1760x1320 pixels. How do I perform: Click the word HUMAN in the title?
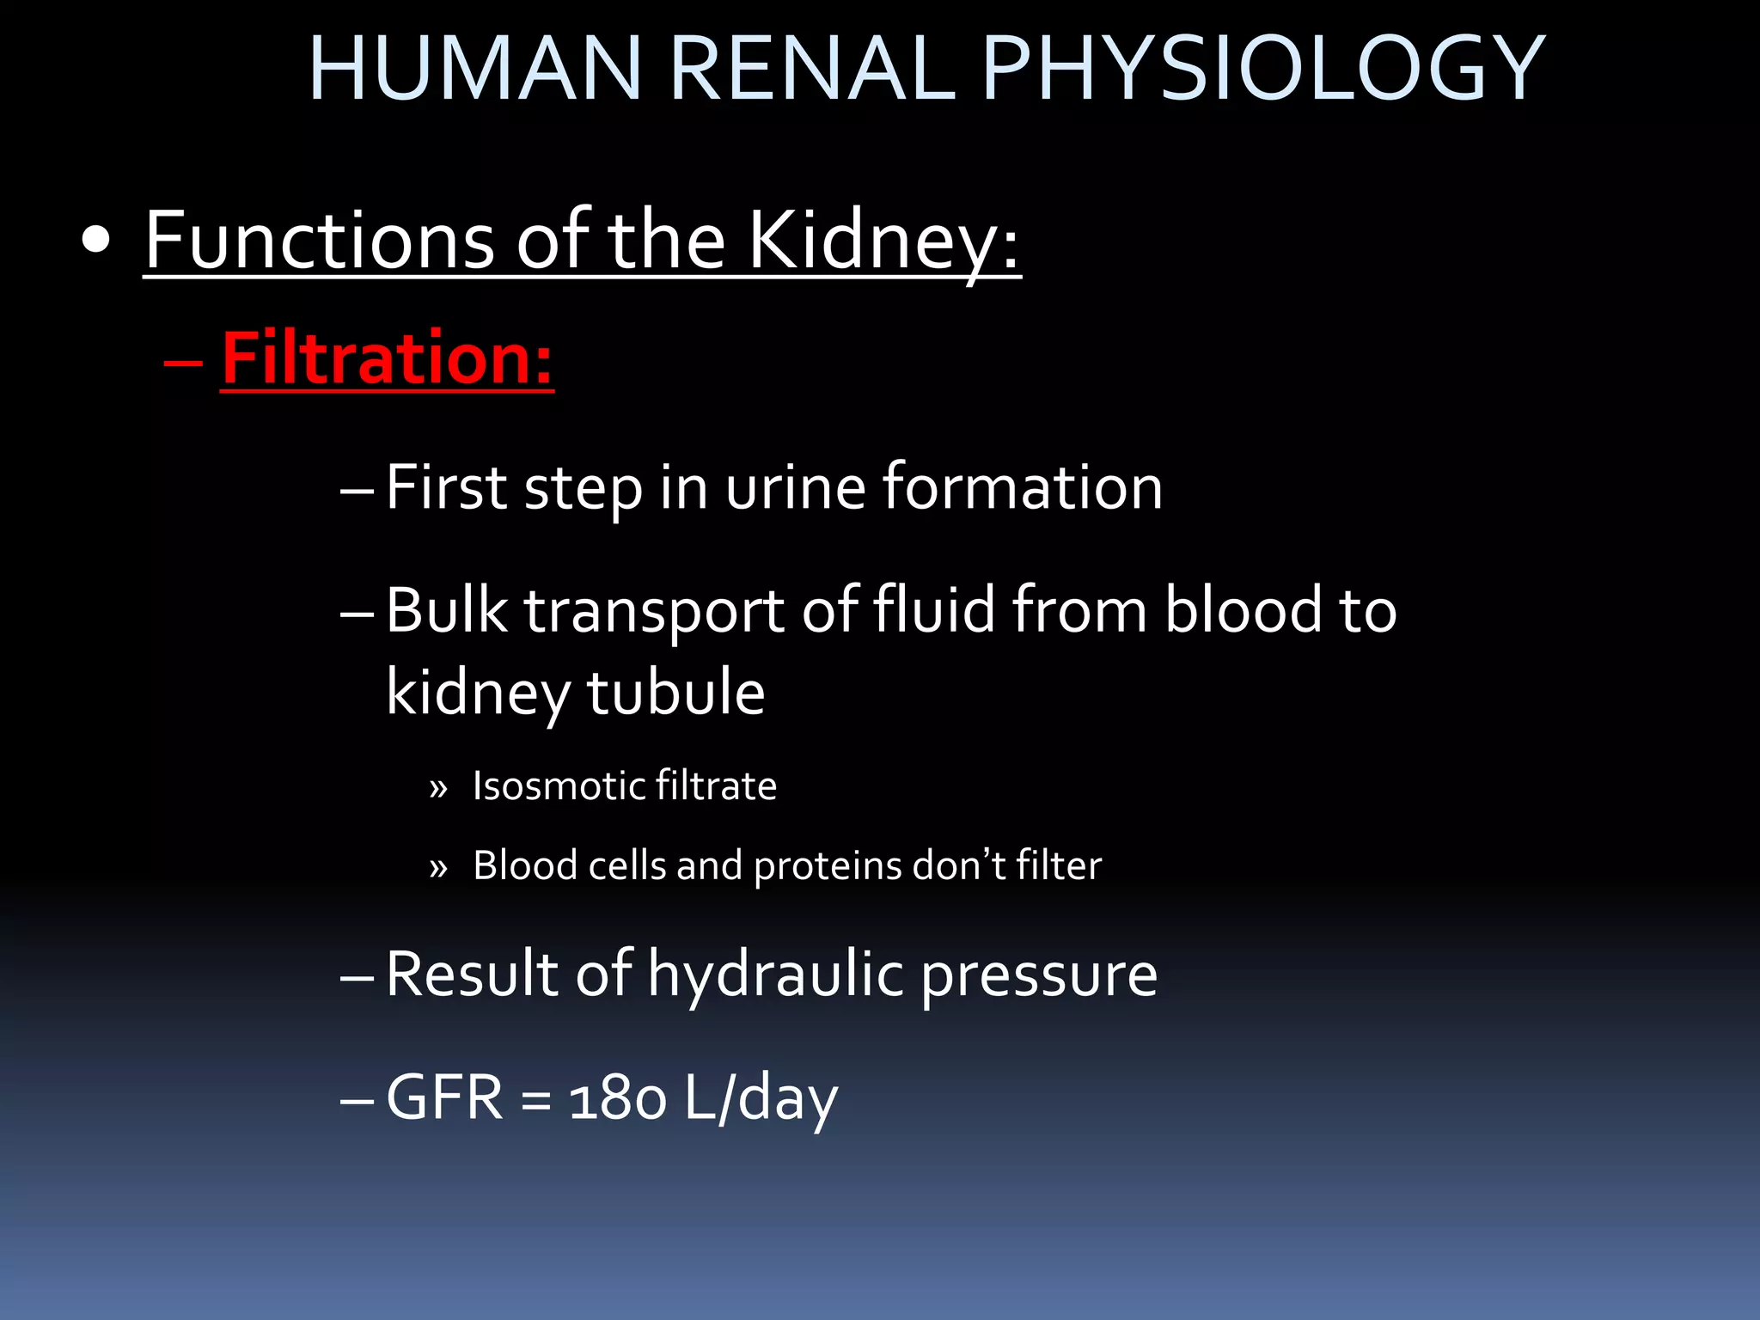click(475, 69)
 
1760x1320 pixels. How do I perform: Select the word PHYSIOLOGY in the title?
click(1262, 69)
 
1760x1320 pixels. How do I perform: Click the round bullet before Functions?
click(96, 241)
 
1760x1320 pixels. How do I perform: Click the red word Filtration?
click(387, 358)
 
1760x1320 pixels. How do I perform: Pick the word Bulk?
click(446, 610)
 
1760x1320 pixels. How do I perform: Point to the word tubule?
click(675, 692)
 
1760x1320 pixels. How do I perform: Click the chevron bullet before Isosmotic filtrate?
click(438, 788)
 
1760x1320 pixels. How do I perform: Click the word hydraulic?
click(775, 975)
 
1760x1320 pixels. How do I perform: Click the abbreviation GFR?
click(444, 1097)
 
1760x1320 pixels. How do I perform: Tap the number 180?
click(618, 1099)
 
